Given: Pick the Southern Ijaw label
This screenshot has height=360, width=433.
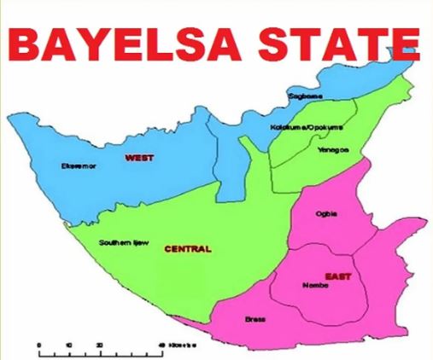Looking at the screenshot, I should [124, 243].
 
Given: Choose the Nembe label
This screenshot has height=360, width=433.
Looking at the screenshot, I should [315, 286].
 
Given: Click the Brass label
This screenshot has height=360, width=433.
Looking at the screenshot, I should [255, 320].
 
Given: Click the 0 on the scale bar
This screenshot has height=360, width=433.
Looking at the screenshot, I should [39, 343].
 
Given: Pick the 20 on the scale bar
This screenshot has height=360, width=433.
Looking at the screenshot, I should [99, 343].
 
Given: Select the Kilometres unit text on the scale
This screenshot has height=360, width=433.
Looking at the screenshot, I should [178, 343].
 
